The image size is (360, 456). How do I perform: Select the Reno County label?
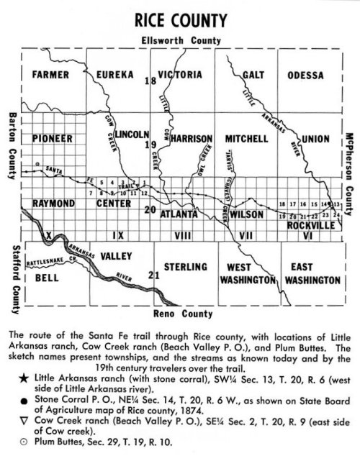(183, 314)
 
